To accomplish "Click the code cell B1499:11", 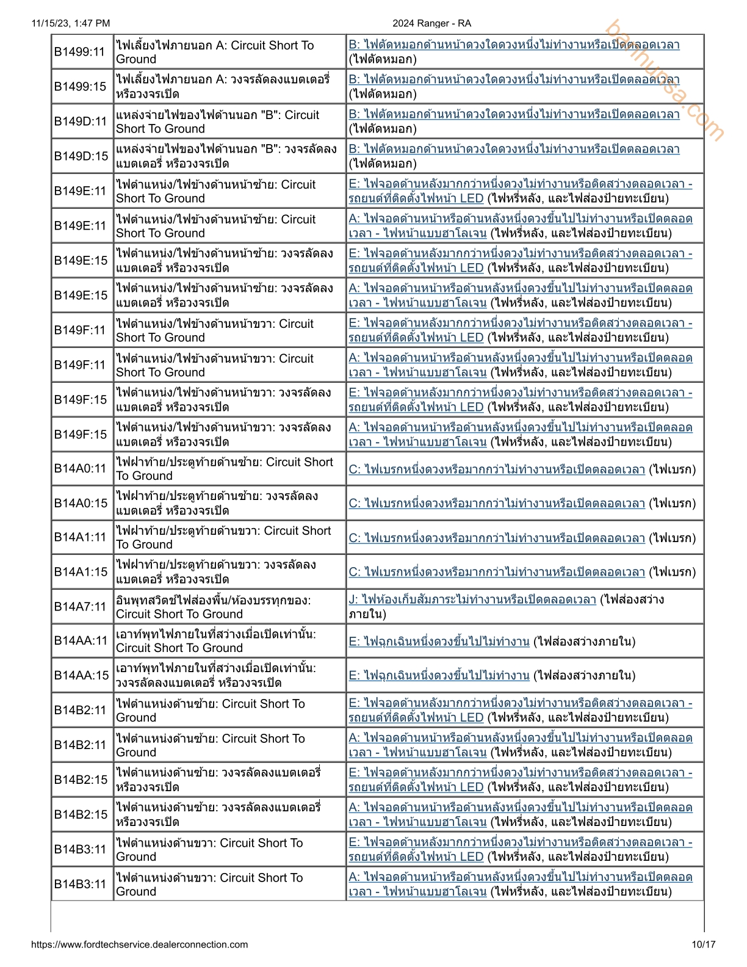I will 80,52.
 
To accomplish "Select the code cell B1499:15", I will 80,87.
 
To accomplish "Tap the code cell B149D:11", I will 80,121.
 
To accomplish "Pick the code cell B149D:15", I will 80,156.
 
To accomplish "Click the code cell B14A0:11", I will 80,469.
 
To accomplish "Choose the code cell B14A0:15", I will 80,504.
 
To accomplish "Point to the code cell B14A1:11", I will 80,538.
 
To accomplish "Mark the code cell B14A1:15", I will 80,572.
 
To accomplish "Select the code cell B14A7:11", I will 80,607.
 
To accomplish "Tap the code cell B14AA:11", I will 80,641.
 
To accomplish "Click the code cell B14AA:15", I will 80,675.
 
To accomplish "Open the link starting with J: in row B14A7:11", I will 472,599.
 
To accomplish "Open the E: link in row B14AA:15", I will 439,675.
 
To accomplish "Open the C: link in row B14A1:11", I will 497,538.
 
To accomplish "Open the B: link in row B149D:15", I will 514,150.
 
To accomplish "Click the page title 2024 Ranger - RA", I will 431,23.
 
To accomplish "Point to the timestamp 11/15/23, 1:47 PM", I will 71,23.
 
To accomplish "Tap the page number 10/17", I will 703,944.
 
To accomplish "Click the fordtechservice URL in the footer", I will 139,944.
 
